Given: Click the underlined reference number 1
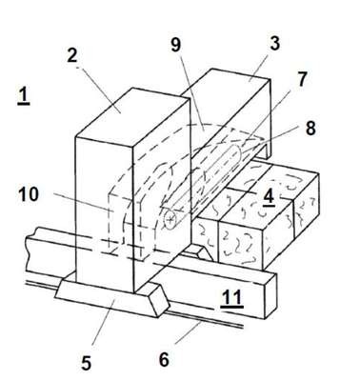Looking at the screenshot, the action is pyautogui.click(x=24, y=96).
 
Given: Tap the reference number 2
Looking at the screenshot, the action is pyautogui.click(x=71, y=55).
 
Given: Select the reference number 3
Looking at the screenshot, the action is pyautogui.click(x=274, y=44).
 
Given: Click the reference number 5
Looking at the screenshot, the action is pyautogui.click(x=86, y=363).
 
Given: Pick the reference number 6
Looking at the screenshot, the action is pyautogui.click(x=164, y=360).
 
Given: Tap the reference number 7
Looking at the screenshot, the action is pyautogui.click(x=301, y=79).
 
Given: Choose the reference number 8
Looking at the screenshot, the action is pyautogui.click(x=310, y=129).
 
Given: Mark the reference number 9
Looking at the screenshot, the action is pyautogui.click(x=175, y=45).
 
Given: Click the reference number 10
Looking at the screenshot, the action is pyautogui.click(x=29, y=193).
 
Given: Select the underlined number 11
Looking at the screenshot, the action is pyautogui.click(x=232, y=299).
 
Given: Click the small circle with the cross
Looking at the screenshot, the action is pyautogui.click(x=170, y=219).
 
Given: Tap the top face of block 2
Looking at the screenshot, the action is pyautogui.click(x=132, y=114).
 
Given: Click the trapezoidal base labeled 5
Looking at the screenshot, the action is pyautogui.click(x=111, y=296).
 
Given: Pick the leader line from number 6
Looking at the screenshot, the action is pyautogui.click(x=188, y=332).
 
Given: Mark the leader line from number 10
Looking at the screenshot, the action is pyautogui.click(x=80, y=202).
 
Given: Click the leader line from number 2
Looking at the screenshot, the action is pyautogui.click(x=98, y=86).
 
